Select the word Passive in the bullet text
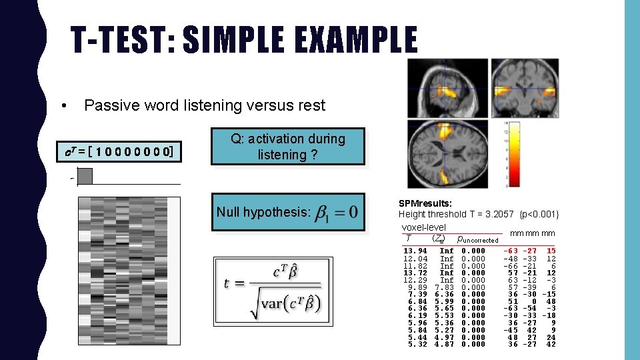click(x=108, y=105)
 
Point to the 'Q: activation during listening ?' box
click(x=288, y=147)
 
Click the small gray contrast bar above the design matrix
click(x=85, y=176)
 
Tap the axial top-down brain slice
click(x=448, y=154)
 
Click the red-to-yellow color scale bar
click(x=513, y=155)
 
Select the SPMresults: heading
click(x=425, y=203)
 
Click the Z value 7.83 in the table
click(x=443, y=287)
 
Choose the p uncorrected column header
click(x=477, y=239)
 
